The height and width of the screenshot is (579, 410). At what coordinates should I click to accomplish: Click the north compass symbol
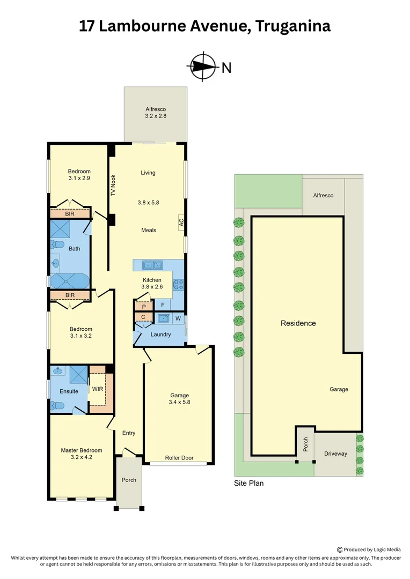click(x=202, y=67)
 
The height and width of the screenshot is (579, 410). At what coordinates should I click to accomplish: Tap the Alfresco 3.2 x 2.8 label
click(x=156, y=112)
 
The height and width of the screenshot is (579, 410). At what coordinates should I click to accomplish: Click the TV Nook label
click(x=113, y=185)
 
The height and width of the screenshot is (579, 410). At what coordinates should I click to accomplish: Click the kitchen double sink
click(x=152, y=265)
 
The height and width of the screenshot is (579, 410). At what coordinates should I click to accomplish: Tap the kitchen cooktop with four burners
click(x=178, y=284)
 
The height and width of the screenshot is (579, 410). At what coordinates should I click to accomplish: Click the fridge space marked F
click(x=163, y=305)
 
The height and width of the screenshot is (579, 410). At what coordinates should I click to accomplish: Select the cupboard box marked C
click(x=143, y=317)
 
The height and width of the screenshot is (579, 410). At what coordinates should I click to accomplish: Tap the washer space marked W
click(x=178, y=318)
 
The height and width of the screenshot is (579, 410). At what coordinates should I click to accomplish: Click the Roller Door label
click(x=179, y=458)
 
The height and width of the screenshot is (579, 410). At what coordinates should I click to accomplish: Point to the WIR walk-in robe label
click(x=97, y=389)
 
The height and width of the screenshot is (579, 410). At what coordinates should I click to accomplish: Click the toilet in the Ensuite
click(x=56, y=406)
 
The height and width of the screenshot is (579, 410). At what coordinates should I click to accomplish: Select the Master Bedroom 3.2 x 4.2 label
click(x=81, y=454)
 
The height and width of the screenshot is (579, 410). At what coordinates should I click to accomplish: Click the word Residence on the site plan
click(x=298, y=323)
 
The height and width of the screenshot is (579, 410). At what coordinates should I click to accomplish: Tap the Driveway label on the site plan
click(x=335, y=454)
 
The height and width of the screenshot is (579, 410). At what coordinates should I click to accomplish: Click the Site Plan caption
click(x=248, y=483)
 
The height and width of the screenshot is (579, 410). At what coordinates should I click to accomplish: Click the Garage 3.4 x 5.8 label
click(x=179, y=398)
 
